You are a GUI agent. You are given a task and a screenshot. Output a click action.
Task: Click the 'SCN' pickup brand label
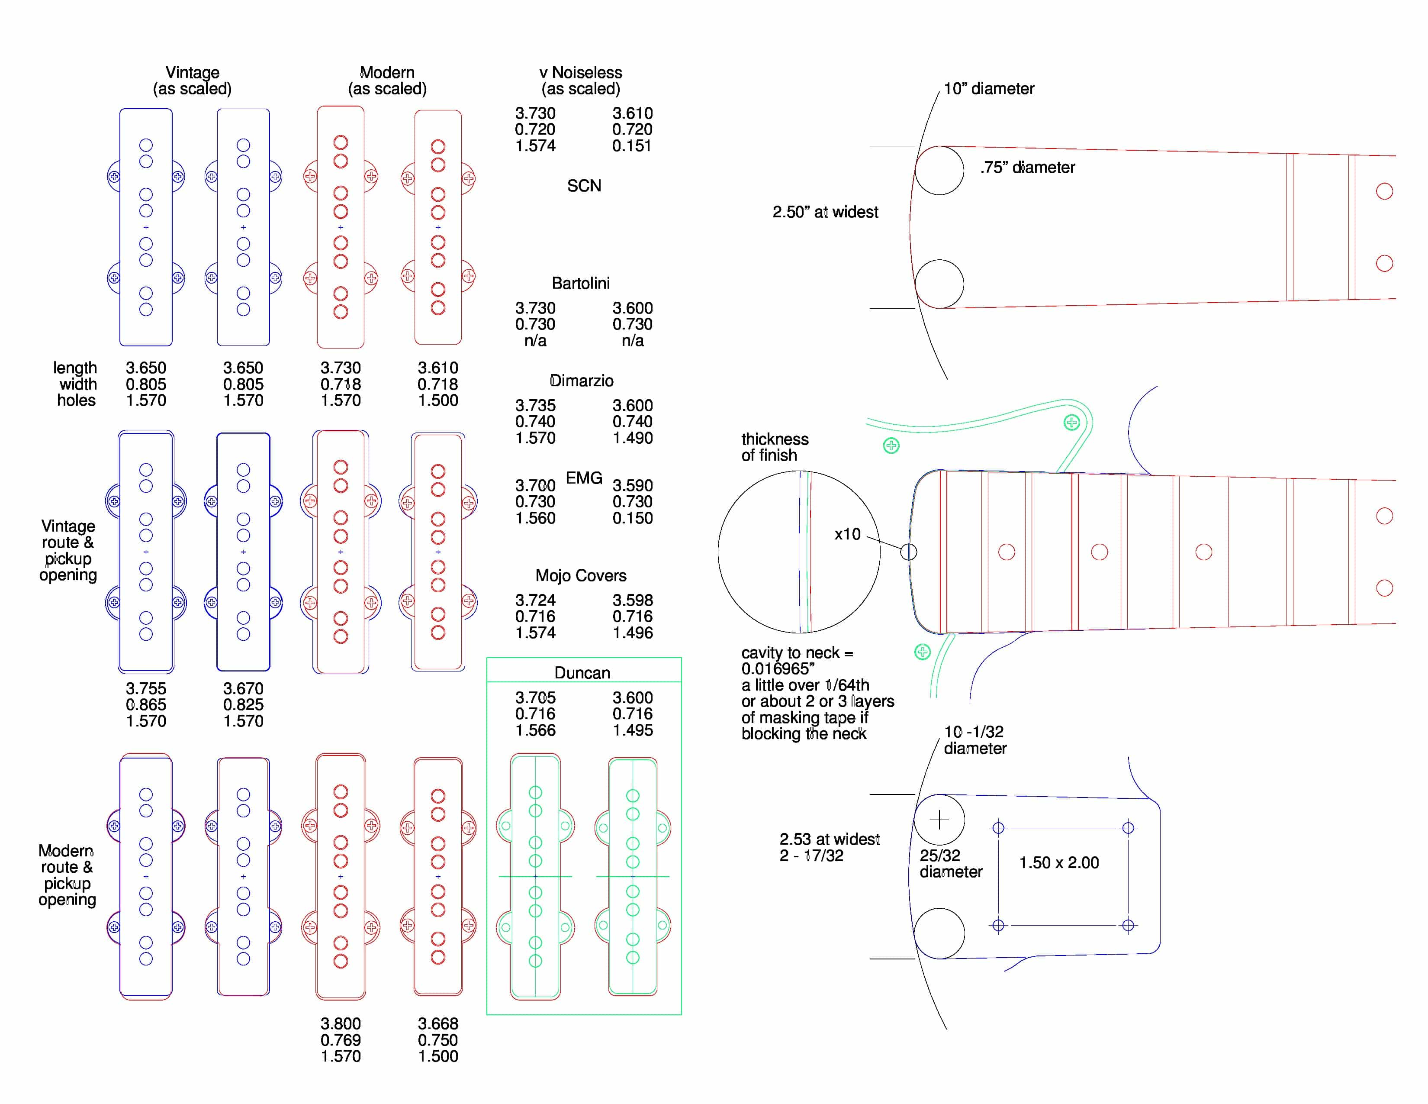583,186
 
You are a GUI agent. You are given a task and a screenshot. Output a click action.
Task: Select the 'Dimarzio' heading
581,381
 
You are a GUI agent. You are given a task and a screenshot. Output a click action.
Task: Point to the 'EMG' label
584,478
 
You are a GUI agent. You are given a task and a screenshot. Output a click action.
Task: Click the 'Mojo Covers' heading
581,575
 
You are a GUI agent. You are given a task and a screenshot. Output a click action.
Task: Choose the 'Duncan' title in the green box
582,673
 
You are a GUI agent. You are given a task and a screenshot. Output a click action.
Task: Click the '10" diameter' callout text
989,89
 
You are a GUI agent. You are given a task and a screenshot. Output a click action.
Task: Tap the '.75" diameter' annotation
1027,168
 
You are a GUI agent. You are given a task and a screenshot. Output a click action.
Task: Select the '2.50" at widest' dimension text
825,212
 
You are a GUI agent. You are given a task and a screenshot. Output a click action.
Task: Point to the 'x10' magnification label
847,534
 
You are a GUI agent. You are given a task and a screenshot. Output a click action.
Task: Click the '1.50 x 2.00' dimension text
1058,863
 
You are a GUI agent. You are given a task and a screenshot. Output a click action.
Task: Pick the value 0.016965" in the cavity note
778,668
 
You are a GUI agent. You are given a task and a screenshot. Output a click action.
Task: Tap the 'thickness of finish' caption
775,447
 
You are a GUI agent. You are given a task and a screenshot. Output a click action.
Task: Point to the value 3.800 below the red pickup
340,1023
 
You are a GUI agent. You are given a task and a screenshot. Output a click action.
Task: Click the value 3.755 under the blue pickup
146,689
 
